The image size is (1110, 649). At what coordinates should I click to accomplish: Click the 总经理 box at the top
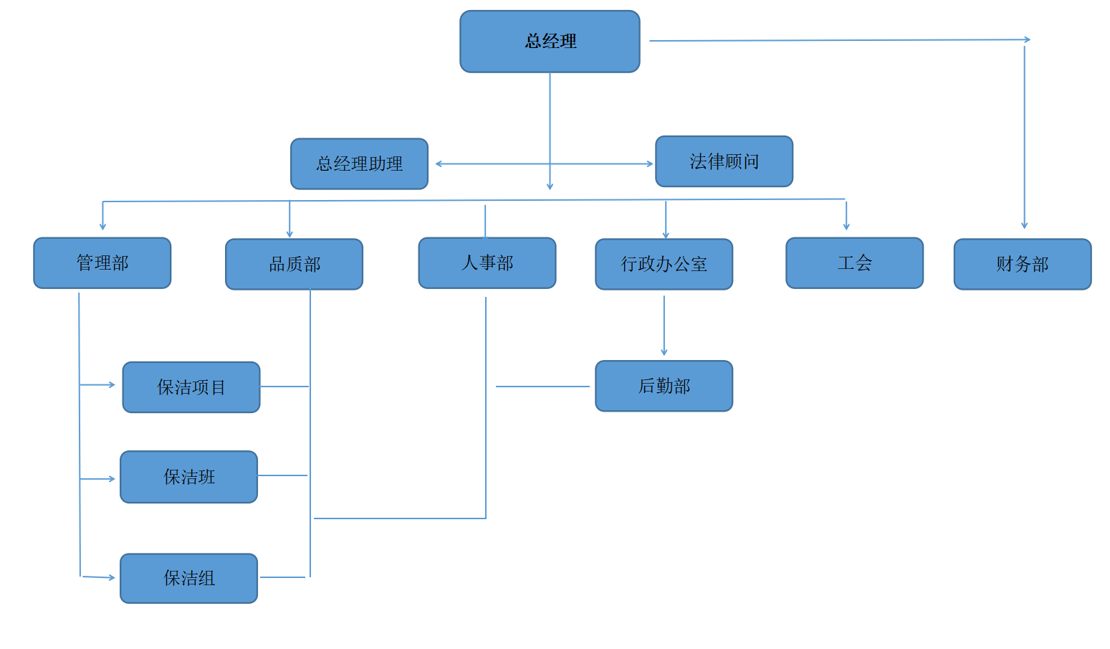(550, 42)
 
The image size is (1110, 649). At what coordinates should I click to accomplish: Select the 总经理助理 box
(359, 164)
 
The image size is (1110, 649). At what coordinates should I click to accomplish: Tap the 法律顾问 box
(724, 161)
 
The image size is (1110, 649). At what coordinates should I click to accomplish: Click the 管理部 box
(102, 263)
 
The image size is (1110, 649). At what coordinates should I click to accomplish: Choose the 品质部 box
(294, 265)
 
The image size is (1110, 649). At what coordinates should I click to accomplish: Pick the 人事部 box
(487, 263)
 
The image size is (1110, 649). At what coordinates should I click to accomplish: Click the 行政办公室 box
(664, 265)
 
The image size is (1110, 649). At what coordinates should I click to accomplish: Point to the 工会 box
(854, 263)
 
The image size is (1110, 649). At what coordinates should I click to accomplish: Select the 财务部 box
(1022, 265)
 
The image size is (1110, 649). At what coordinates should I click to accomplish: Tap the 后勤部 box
(664, 387)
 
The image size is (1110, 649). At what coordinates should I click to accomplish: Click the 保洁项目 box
(191, 387)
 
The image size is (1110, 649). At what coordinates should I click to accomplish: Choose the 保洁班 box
(188, 477)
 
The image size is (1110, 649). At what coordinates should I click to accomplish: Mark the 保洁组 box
(188, 578)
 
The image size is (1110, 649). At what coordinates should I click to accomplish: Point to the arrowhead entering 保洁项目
(112, 385)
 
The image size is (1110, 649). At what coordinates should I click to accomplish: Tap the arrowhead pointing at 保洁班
(112, 478)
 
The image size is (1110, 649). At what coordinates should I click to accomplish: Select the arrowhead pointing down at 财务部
(1025, 225)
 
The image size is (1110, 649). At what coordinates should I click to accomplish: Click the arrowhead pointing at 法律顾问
(650, 164)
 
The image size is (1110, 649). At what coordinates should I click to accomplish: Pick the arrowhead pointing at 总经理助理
(439, 164)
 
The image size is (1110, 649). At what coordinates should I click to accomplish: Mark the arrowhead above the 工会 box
(846, 227)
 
